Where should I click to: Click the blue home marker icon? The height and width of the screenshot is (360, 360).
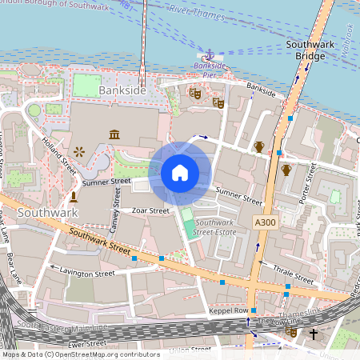[x=180, y=173]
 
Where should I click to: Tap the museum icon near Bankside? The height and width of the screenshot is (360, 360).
[x=115, y=134]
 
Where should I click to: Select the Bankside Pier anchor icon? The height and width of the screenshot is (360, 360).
[x=208, y=56]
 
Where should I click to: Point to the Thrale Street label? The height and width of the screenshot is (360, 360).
[x=294, y=274]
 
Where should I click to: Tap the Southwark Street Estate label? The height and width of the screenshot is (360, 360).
[x=216, y=227]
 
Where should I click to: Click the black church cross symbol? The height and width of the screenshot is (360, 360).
[x=314, y=333]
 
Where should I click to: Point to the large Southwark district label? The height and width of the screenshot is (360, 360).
[x=48, y=214]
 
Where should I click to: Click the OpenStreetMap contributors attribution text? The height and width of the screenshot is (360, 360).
[x=81, y=354]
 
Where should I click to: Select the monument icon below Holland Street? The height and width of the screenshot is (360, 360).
[x=73, y=196]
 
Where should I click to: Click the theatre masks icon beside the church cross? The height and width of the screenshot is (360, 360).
[x=292, y=332]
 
